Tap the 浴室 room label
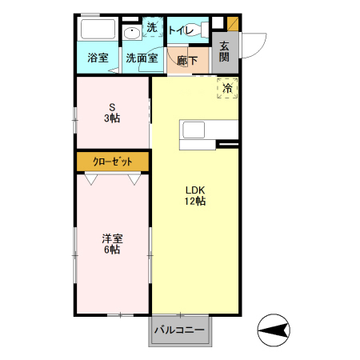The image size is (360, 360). [98, 58]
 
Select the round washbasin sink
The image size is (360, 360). [133, 34]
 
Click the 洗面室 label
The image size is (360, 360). [140, 58]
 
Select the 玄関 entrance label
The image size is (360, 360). [225, 52]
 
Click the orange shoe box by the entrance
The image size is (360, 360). [233, 23]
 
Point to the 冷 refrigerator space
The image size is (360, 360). [227, 88]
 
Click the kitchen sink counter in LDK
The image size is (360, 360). [210, 130]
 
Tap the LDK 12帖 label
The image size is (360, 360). [196, 196]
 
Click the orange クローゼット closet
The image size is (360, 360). [113, 161]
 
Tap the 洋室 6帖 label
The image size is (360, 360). [111, 244]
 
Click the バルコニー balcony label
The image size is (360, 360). [179, 330]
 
